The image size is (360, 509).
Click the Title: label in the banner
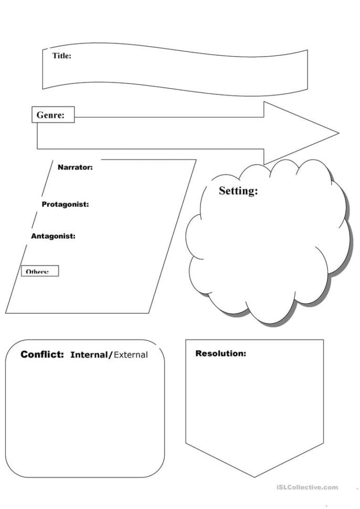coord(61,56)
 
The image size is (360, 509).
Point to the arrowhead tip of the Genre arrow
coord(337,132)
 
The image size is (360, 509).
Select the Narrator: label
coord(75,167)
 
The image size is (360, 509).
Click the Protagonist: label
coord(65,204)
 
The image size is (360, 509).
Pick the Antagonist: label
coord(53,236)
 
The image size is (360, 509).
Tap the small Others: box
coord(40,271)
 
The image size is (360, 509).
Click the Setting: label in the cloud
coord(238,191)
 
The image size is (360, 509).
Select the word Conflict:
coord(42,354)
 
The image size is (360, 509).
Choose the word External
coord(131,355)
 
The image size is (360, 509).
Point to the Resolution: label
coord(220,353)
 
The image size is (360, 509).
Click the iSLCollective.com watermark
coord(307,487)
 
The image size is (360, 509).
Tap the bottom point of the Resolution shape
coord(255,476)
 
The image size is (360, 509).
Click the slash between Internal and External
coord(110,355)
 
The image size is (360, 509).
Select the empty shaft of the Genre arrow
coord(168,132)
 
